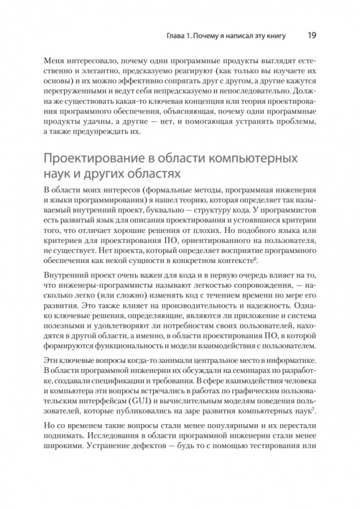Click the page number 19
(312, 36)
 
